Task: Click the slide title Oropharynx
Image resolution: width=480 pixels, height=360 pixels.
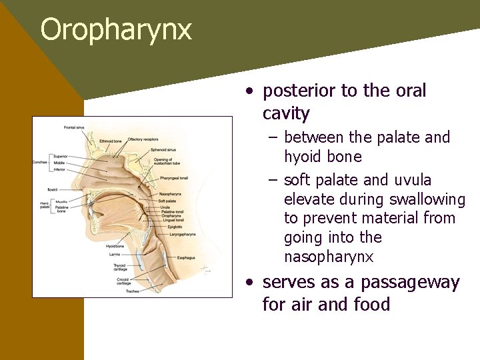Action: [x=116, y=30]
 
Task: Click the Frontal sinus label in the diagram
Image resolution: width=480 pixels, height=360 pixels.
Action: [x=74, y=127]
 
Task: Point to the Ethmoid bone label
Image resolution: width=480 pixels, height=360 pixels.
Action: [x=111, y=141]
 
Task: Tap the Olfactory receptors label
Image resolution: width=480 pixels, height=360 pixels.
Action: [x=145, y=139]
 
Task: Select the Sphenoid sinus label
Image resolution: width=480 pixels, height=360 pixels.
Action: [x=164, y=151]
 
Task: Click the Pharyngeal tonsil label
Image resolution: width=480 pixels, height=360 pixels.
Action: [x=175, y=179]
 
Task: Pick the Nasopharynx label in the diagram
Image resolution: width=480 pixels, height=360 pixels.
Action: [x=172, y=194]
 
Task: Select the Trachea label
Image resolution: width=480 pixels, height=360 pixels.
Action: [x=122, y=291]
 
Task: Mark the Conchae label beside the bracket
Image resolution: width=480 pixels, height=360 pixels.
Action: [x=40, y=162]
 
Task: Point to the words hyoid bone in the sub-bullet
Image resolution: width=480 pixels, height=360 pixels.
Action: [x=323, y=157]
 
